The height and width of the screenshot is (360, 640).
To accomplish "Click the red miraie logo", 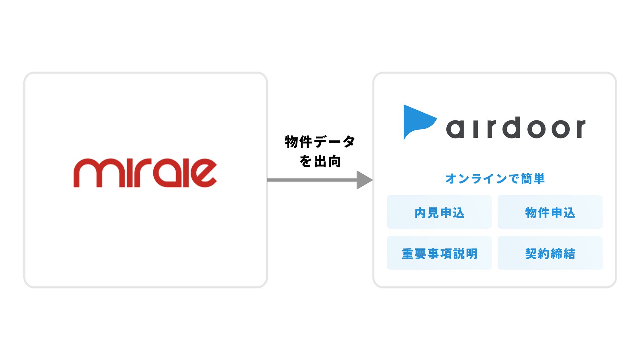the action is pos(145,173).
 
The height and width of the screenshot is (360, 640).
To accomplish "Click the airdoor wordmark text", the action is pos(515,128).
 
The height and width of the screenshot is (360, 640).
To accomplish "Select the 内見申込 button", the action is pos(439,212).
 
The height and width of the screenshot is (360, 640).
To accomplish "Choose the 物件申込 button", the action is pos(550,212).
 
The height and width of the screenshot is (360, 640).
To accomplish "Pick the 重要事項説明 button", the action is pos(439,253).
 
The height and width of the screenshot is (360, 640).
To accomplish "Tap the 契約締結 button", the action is pos(550,253).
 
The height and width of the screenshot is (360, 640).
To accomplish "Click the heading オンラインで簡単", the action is pos(495,179).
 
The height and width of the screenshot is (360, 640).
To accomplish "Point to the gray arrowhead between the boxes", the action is pos(364,180).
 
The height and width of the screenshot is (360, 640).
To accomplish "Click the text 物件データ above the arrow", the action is pos(320,142).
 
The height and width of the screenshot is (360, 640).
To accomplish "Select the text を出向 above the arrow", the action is pos(320,161).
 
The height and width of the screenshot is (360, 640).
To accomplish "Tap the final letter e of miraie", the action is pos(203,173).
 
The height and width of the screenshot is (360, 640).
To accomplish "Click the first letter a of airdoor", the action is pos(455,129).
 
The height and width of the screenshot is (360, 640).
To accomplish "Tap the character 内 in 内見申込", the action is pos(420,213).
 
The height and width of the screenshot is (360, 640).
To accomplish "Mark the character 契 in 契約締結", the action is pos(531,253).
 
